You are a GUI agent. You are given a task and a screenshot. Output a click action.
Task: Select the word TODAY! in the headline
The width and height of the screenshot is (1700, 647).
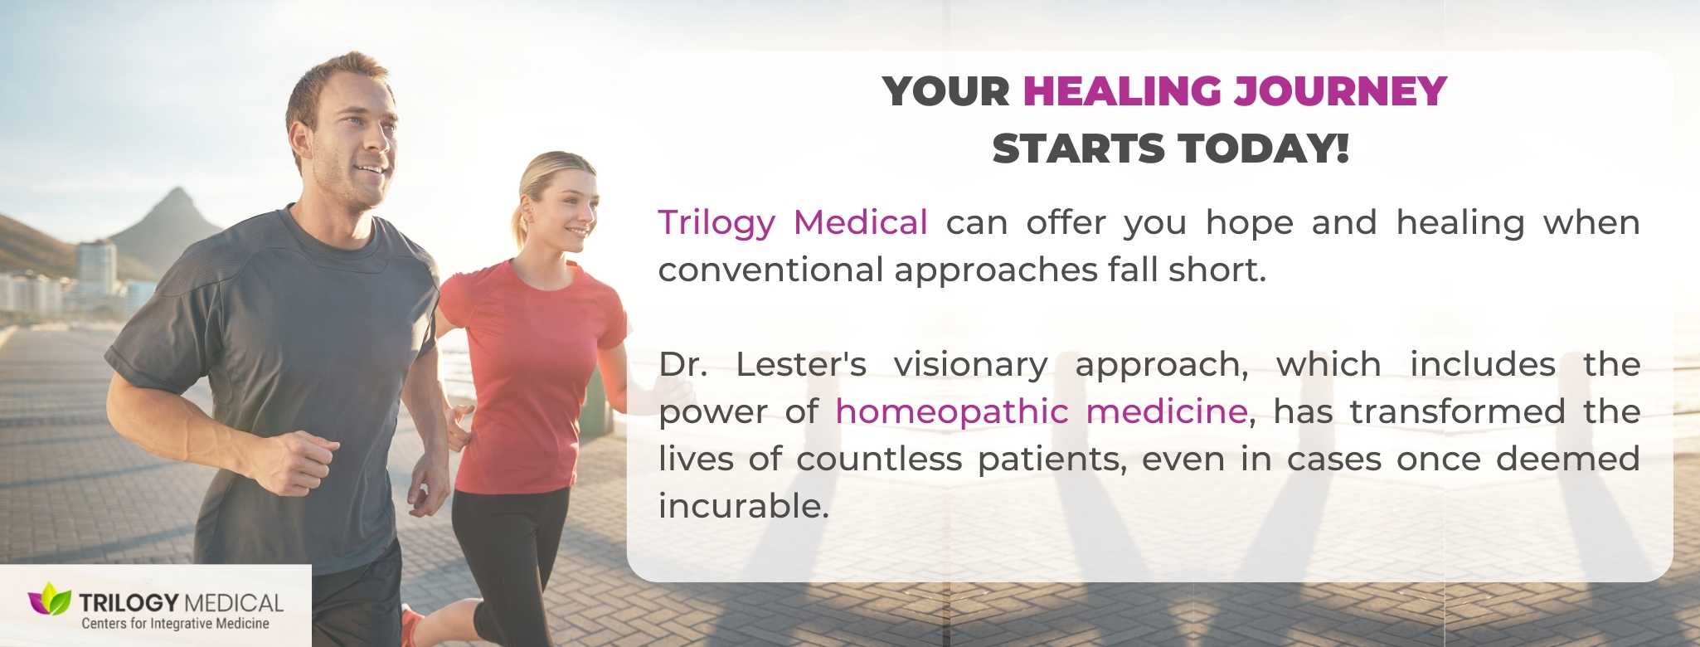[x=1264, y=148]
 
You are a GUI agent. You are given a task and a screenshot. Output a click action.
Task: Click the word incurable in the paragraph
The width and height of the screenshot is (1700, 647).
[x=744, y=506]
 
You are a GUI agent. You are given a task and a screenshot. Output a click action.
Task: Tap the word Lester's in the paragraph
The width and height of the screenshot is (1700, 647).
[x=801, y=364]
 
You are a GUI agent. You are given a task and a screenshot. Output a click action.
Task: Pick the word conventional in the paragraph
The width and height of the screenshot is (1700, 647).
[x=770, y=270]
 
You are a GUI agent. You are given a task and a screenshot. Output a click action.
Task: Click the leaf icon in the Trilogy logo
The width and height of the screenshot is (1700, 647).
[x=50, y=599]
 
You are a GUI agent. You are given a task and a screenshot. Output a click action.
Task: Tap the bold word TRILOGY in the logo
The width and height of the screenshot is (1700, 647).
[x=129, y=602]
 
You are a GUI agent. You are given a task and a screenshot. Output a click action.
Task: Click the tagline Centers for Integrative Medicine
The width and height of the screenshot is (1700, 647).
[x=175, y=624]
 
